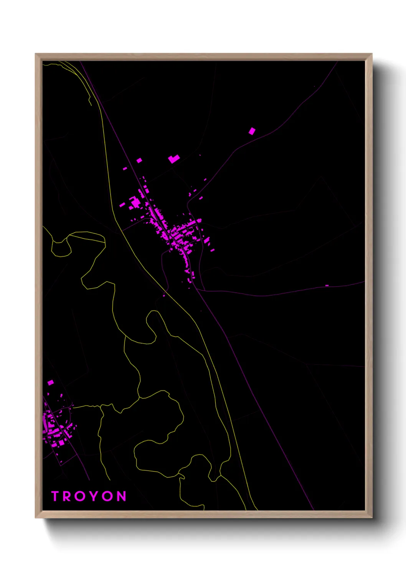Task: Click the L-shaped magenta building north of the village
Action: [173, 159]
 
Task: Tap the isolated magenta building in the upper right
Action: [252, 131]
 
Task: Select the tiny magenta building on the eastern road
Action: [327, 286]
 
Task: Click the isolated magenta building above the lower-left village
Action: [50, 382]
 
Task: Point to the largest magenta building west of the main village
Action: [135, 202]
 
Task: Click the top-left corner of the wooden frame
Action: [36, 54]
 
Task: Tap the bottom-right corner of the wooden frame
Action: [371, 517]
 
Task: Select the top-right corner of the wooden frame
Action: [371, 54]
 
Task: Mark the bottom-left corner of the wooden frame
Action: [36, 517]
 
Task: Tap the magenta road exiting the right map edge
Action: [361, 282]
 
